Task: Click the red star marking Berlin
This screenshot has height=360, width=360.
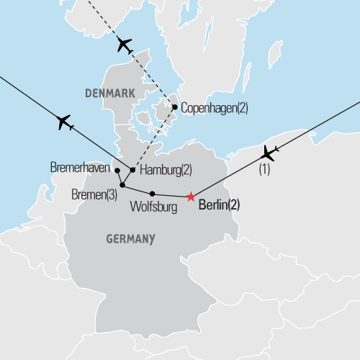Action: coord(190,197)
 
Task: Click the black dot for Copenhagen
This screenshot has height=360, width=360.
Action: coord(175,107)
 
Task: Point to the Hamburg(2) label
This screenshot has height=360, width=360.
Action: coord(166,170)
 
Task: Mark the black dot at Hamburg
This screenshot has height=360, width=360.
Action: coord(132,170)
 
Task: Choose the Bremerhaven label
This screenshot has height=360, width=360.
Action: coord(80,167)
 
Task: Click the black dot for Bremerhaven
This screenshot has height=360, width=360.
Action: coord(117,171)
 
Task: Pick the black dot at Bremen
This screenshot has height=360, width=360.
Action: coord(122,185)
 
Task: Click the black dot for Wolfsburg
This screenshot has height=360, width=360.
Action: coord(152,193)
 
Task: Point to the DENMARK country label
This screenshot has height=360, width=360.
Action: coord(109,94)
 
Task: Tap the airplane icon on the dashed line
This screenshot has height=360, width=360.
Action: coord(124,45)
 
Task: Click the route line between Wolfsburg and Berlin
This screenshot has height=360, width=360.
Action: coord(171,195)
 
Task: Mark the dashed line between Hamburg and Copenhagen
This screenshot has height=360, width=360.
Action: coord(153,139)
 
